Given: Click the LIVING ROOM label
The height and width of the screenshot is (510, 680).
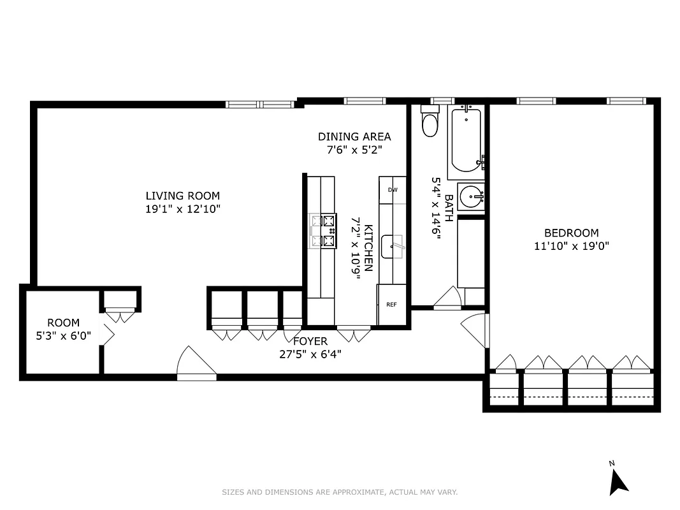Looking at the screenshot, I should tap(182, 196).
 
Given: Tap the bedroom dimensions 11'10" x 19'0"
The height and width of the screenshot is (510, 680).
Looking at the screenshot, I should tap(571, 246).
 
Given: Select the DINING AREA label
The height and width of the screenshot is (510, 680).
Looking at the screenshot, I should tap(354, 136).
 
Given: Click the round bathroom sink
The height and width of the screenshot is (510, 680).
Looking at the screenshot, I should tap(471, 196).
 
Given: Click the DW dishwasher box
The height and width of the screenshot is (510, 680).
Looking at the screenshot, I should tap(393, 190).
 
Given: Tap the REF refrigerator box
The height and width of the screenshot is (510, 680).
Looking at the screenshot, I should tap(391, 305).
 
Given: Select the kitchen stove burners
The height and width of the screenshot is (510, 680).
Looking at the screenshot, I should tap(323, 231).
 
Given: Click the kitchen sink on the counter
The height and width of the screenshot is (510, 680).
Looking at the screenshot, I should tap(392, 246).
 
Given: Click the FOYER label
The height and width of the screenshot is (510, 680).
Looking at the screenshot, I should tap(310, 342).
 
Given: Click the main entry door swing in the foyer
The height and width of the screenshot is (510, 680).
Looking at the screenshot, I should tap(196, 363).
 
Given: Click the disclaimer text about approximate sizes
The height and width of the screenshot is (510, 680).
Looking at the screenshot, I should tap(340, 492).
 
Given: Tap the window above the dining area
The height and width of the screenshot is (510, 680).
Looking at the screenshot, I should tap(365, 101).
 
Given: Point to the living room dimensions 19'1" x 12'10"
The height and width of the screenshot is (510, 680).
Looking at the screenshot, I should tap(182, 208).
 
